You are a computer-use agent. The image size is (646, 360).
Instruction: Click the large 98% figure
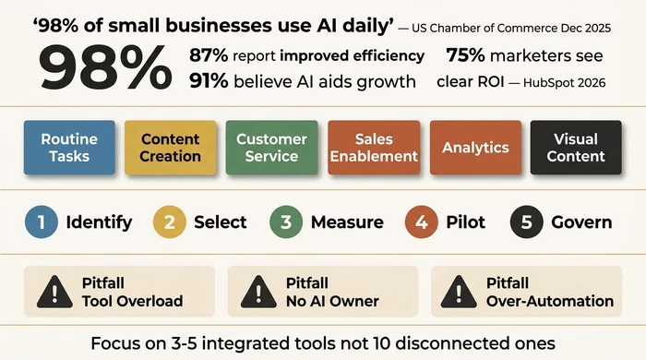(103, 67)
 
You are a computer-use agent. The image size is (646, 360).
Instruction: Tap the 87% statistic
(208, 55)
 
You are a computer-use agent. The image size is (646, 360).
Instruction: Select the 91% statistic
(208, 81)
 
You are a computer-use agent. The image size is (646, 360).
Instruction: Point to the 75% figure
(466, 55)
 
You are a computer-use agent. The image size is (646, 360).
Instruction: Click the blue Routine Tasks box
(70, 148)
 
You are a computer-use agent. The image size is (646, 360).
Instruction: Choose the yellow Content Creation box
(171, 148)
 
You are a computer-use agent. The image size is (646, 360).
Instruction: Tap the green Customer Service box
(271, 148)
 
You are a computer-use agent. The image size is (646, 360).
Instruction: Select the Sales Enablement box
(374, 148)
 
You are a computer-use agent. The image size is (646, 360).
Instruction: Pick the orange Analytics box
(475, 148)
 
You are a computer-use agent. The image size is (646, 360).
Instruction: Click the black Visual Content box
(576, 148)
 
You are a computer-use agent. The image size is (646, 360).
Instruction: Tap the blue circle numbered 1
(41, 222)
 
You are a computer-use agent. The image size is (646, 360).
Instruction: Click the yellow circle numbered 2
(169, 222)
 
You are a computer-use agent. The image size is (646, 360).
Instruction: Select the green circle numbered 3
(285, 222)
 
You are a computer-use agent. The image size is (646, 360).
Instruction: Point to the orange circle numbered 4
(421, 222)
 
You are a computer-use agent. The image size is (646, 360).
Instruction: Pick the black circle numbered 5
(526, 222)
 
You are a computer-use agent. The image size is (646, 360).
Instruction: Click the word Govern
(581, 222)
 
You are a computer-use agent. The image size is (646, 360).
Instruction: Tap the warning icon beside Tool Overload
(55, 292)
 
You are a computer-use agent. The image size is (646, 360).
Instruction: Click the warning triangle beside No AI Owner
(258, 292)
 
